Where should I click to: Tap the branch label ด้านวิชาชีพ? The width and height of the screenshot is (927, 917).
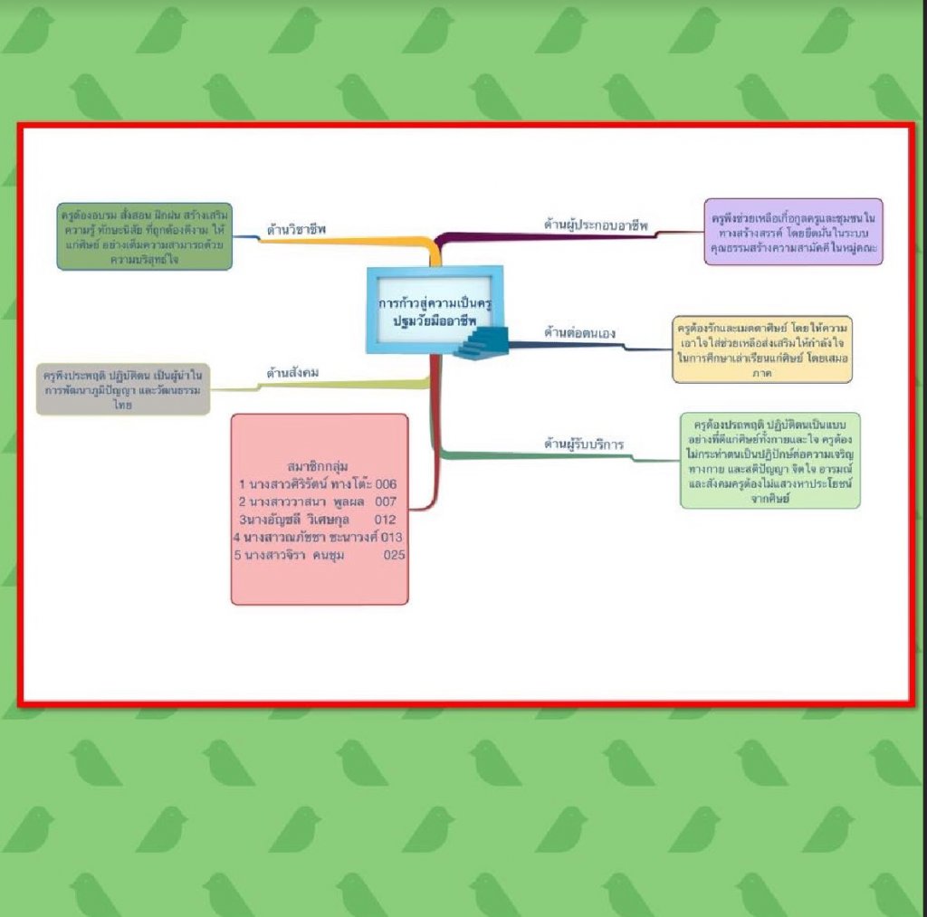296,229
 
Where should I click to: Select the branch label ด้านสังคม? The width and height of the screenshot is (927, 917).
292,372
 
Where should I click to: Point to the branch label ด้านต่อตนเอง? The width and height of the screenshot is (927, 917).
579,333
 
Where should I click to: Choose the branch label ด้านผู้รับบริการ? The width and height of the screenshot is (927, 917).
584,444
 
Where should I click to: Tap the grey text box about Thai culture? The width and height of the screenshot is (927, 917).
123,388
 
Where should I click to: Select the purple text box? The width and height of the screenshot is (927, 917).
793,232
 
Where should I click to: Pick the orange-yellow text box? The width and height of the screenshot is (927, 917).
761,349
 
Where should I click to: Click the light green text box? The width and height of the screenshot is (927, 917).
769,460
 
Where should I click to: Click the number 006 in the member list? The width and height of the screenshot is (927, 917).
387,484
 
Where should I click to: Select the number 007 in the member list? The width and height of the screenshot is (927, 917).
386,501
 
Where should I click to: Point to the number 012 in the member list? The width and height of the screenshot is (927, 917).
385,520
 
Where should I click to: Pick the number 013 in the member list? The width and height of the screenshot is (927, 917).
392,537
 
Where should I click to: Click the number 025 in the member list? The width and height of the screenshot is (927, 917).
393,555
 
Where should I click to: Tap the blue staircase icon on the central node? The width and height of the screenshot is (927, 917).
483,344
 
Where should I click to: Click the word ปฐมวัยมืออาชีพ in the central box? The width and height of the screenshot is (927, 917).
435,320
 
